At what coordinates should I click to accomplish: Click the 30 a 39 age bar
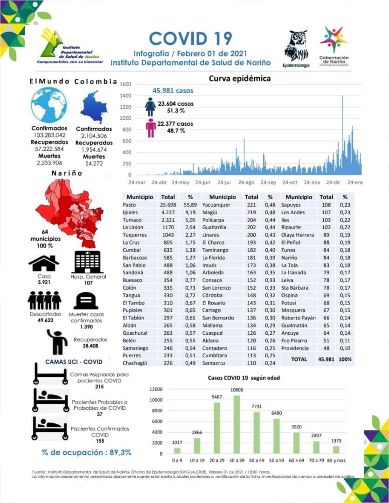pyautogui.click(x=236, y=424)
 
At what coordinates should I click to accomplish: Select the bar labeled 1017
pyautogui.click(x=177, y=450)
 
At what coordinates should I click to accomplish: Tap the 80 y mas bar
pyautogui.click(x=336, y=449)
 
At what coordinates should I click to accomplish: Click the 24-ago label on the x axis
pyautogui.click(x=246, y=183)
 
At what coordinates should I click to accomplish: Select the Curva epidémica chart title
pyautogui.click(x=239, y=78)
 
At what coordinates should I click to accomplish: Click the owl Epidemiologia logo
pyautogui.click(x=297, y=47)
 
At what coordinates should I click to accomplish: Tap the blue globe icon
pyautogui.click(x=49, y=105)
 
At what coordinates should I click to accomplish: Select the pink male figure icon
pyautogui.click(x=151, y=128)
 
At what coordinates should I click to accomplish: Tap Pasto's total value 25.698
pyautogui.click(x=168, y=205)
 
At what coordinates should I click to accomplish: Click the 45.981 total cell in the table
pyautogui.click(x=326, y=360)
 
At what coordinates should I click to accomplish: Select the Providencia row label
pyautogui.click(x=295, y=348)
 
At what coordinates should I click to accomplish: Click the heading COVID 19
pyautogui.click(x=190, y=38)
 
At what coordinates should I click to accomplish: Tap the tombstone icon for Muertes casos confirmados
pyautogui.click(x=86, y=301)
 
